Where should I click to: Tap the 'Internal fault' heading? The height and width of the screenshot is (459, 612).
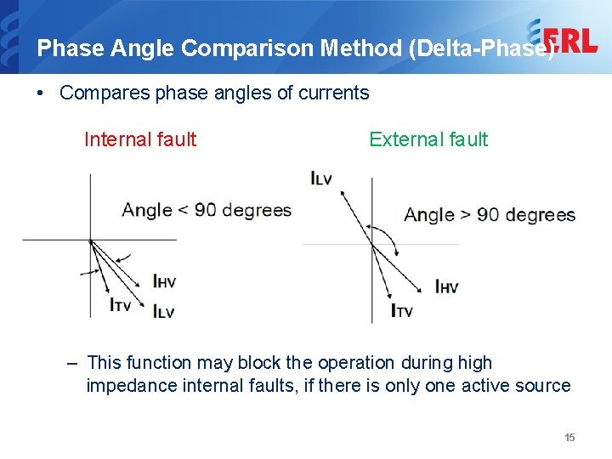click(140, 139)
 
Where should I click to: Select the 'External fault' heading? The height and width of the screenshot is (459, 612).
click(428, 139)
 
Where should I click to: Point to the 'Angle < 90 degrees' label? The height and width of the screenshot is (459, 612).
click(207, 210)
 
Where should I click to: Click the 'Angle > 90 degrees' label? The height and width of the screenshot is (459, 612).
click(490, 214)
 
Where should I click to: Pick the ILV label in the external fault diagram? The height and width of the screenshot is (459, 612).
click(322, 178)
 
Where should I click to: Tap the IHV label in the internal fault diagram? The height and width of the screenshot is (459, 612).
click(164, 281)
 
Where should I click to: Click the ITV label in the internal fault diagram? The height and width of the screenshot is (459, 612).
click(121, 303)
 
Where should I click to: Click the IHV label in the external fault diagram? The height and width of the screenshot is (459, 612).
click(447, 286)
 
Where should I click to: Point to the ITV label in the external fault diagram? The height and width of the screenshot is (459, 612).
click(402, 310)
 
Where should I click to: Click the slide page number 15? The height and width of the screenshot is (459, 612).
click(569, 437)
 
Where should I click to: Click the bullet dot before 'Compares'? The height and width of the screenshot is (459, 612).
click(42, 93)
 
